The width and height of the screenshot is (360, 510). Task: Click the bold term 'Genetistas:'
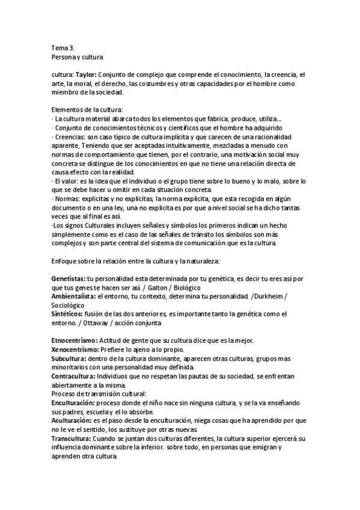(x=69, y=279)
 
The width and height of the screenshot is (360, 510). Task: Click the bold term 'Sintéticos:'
(x=68, y=314)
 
